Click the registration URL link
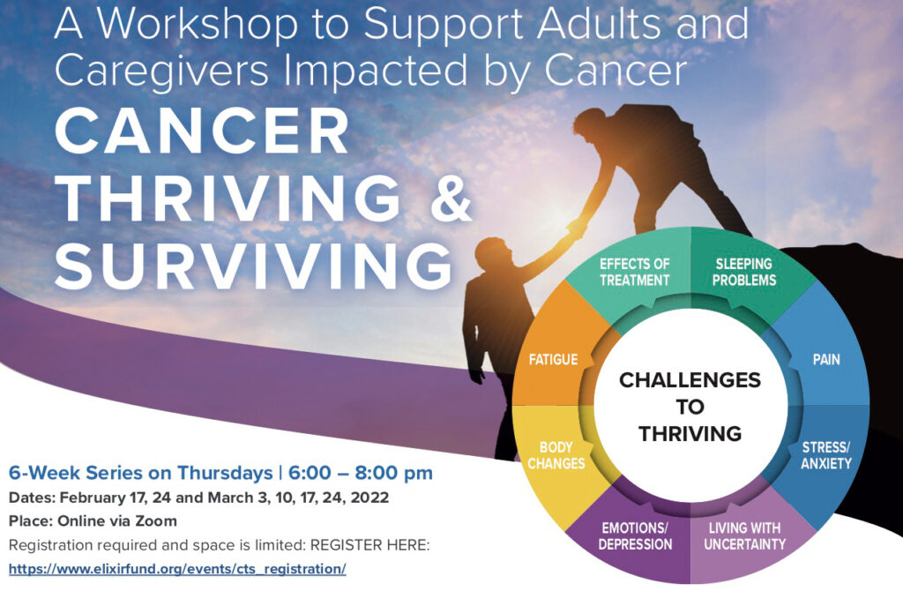(177, 569)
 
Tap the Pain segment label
(825, 359)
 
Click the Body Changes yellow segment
(556, 455)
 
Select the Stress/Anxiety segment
(825, 455)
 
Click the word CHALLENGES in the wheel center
(690, 380)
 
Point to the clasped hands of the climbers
(576, 227)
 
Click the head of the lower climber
(491, 253)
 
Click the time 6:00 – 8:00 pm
(361, 473)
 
